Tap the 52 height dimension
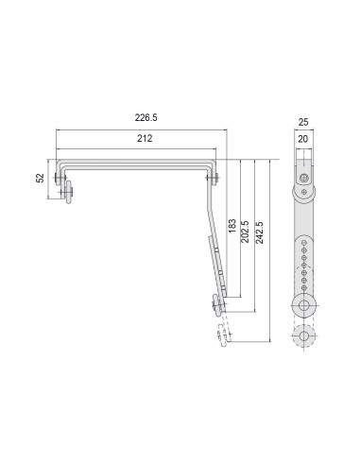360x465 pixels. (40, 178)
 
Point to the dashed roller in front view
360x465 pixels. (304, 336)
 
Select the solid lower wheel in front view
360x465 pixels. (304, 304)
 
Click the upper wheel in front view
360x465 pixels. (303, 195)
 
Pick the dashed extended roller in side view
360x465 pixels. (224, 337)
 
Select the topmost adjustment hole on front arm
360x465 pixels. (304, 237)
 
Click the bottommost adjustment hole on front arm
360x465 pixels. (304, 285)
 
